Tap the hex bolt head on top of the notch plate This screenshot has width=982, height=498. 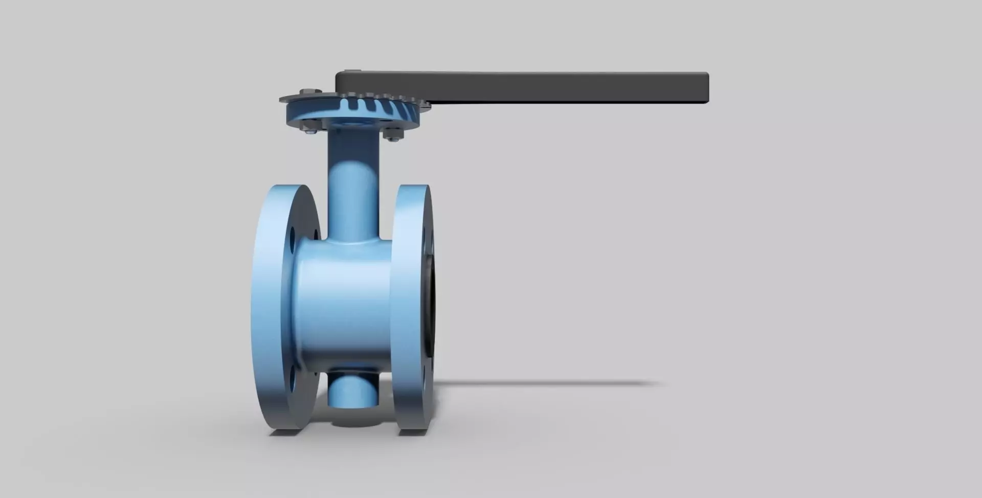click(305, 92)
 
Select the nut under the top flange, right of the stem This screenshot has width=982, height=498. click(391, 135)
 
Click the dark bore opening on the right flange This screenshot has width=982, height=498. click(433, 307)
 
